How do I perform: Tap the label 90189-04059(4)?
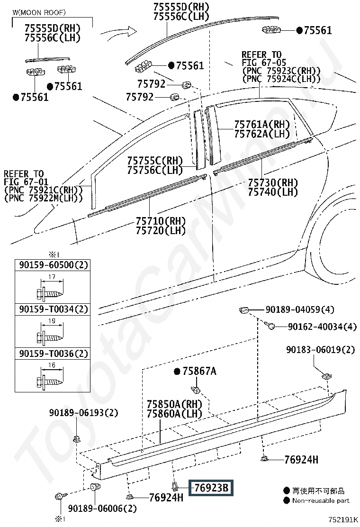tap(299, 310)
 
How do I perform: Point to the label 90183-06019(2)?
tap(320, 350)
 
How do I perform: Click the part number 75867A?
tap(199, 372)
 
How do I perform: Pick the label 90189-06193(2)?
tap(83, 413)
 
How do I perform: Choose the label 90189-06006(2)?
tap(102, 509)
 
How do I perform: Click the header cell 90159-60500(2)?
tap(54, 265)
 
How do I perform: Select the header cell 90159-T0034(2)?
tap(54, 309)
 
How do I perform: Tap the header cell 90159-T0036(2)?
tap(54, 354)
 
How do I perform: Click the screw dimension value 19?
tap(51, 321)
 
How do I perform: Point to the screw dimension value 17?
tap(51, 277)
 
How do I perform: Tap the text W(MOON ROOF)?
tap(39, 12)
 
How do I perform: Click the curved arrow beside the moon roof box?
tap(120, 35)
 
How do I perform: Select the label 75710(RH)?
tap(161, 221)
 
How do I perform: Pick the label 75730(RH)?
tap(272, 183)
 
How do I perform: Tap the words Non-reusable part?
tap(321, 500)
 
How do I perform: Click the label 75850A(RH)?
tap(174, 404)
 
